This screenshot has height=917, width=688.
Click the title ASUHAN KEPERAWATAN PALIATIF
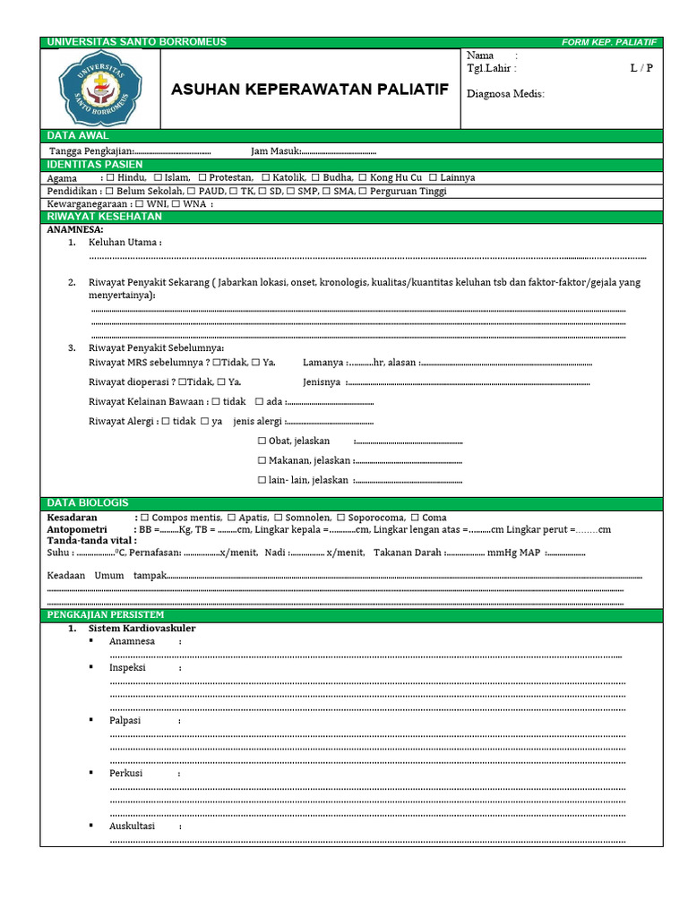coord(309,90)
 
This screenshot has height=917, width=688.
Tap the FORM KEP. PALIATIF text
coord(609,42)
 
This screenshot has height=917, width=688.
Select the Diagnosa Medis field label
coord(505,94)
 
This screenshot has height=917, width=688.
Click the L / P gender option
coord(641,68)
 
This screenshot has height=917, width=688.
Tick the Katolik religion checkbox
coord(267,177)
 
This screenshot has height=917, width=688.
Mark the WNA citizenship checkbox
coord(176,204)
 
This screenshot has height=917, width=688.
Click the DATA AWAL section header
coord(78,135)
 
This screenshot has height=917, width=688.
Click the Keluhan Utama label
coord(125,243)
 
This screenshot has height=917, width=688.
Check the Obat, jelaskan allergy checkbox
coord(262,441)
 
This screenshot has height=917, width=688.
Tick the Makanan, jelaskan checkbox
coord(262,460)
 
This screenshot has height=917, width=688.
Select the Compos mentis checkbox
coord(145,518)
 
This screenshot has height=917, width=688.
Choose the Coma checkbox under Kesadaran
coord(415,518)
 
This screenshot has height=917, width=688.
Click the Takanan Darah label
coord(407,553)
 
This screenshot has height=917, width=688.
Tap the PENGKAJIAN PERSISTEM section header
coord(105,615)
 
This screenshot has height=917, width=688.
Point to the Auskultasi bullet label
coord(132,826)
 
